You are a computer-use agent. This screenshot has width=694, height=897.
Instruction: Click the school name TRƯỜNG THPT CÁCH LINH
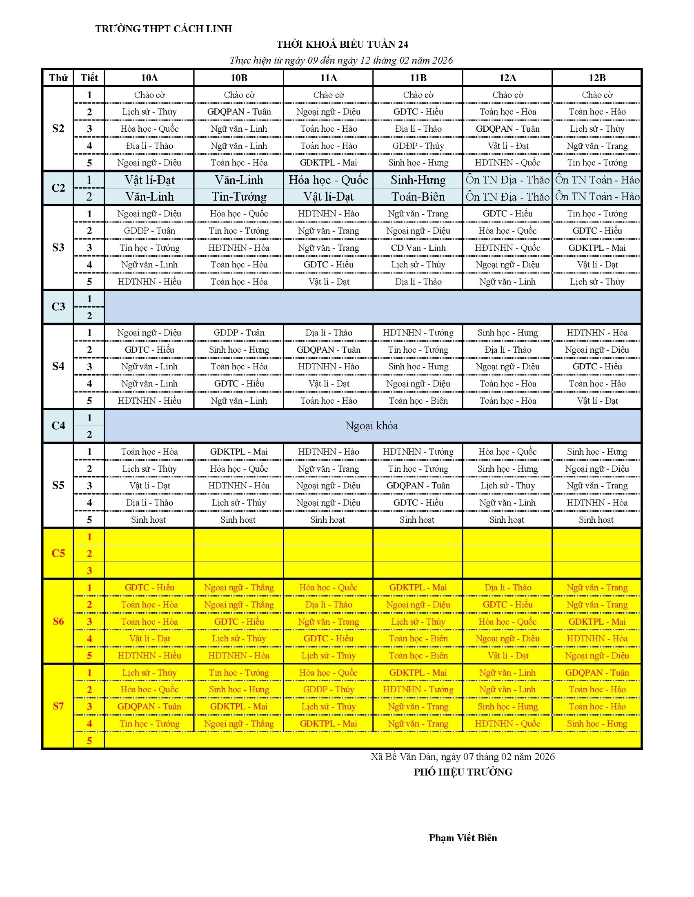pyautogui.click(x=164, y=29)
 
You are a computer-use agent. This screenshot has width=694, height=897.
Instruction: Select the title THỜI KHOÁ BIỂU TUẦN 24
pyautogui.click(x=342, y=44)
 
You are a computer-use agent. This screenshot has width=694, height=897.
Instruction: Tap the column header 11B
pyautogui.click(x=418, y=77)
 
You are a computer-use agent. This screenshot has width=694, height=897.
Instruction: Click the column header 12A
pyautogui.click(x=507, y=77)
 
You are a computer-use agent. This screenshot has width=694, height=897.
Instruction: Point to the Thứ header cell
pyautogui.click(x=58, y=77)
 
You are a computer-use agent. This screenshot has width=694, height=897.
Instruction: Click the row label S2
pyautogui.click(x=58, y=128)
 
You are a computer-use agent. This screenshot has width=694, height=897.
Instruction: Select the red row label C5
pyautogui.click(x=58, y=553)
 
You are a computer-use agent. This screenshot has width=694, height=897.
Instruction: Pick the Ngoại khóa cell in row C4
pyautogui.click(x=371, y=426)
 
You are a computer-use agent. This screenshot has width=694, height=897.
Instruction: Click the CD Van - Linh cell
pyautogui.click(x=418, y=247)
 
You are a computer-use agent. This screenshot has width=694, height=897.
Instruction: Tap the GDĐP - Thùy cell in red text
pyautogui.click(x=328, y=689)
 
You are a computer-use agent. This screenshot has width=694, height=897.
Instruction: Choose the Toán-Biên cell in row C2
pyautogui.click(x=418, y=197)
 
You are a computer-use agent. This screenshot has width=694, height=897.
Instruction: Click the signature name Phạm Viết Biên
pyautogui.click(x=463, y=838)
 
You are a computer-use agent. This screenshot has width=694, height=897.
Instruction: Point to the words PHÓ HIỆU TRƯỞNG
pyautogui.click(x=463, y=772)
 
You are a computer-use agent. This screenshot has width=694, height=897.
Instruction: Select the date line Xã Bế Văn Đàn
pyautogui.click(x=463, y=756)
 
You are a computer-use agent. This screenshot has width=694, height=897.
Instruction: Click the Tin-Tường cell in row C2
pyautogui.click(x=239, y=197)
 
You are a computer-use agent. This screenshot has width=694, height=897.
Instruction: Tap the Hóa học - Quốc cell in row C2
pyautogui.click(x=328, y=180)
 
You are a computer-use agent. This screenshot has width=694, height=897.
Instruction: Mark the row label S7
pyautogui.click(x=58, y=707)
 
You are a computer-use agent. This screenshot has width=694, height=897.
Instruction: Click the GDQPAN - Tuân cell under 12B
pyautogui.click(x=596, y=673)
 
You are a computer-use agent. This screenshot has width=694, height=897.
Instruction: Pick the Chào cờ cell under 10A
pyautogui.click(x=149, y=95)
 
